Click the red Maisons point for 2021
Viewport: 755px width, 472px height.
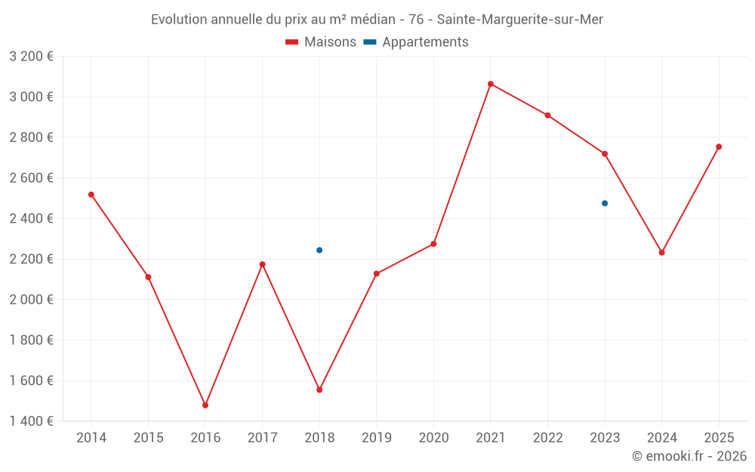pos(491,84)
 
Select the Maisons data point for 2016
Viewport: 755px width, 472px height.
pos(205,406)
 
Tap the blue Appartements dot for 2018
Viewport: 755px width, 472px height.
pos(319,250)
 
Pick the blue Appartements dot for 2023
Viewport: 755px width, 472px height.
pos(605,203)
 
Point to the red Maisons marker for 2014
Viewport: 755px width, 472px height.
pos(91,195)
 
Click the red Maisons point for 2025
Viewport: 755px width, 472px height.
pos(719,147)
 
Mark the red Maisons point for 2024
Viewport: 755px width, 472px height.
pos(662,252)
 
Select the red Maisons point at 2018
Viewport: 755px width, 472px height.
pos(319,390)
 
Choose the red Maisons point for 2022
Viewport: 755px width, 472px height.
pos(548,116)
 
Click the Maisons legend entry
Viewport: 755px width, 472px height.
pos(321,42)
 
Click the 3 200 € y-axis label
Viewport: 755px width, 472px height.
pos(31,57)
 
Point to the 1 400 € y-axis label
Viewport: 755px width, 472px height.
pos(31,421)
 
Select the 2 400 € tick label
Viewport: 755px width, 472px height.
pos(31,218)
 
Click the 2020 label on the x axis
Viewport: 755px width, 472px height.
pos(433,438)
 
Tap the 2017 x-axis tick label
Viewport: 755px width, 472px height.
pos(262,438)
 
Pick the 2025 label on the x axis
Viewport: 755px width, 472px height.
pos(719,438)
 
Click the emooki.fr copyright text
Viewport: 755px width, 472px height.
pos(689,456)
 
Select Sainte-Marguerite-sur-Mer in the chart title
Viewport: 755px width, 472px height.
pos(520,20)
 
